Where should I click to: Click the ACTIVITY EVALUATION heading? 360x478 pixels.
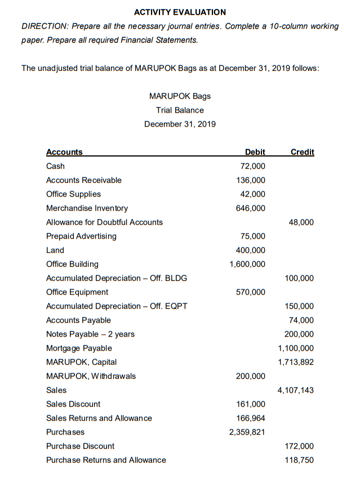click(180, 12)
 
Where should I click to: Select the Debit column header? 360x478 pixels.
click(255, 152)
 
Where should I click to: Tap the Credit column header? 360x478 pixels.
click(302, 152)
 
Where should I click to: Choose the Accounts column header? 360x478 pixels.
click(64, 152)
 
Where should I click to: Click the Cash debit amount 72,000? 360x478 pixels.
click(253, 166)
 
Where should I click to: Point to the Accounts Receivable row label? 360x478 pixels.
click(83, 180)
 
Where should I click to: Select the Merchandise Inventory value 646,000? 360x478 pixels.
click(251, 208)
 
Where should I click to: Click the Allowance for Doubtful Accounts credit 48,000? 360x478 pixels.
click(301, 222)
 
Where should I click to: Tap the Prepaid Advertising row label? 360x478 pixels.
click(81, 236)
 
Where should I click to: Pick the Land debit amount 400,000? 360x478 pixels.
click(251, 250)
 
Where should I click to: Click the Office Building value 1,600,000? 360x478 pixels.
click(247, 264)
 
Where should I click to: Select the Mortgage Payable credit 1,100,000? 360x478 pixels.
click(296, 348)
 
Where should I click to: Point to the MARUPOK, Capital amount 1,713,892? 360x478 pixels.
click(296, 362)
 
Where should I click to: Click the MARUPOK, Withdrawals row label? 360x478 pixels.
click(91, 376)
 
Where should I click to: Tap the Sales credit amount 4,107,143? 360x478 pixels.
click(296, 390)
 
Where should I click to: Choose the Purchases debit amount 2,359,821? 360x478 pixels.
click(247, 432)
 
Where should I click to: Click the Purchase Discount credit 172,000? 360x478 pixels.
click(300, 446)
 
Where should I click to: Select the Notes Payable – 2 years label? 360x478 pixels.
click(90, 334)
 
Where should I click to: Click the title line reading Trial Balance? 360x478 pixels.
click(180, 110)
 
